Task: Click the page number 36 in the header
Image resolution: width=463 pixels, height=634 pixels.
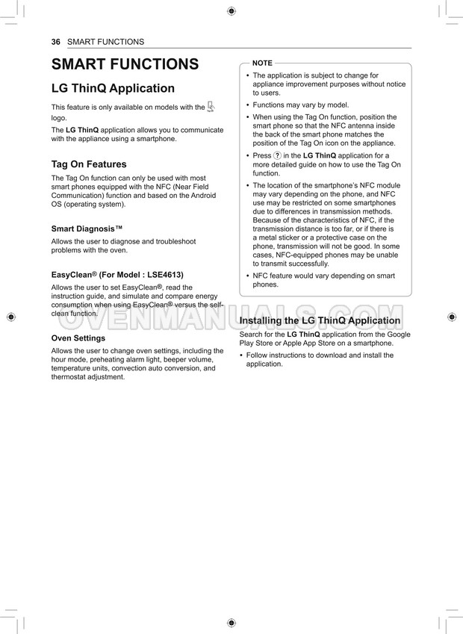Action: (x=55, y=42)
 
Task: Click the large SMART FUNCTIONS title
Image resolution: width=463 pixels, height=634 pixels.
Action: (x=125, y=64)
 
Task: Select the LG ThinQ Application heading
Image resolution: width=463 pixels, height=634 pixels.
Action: (x=113, y=88)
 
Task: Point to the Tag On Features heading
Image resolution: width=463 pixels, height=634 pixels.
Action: (x=89, y=164)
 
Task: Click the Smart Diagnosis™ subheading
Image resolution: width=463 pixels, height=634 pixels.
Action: (x=87, y=229)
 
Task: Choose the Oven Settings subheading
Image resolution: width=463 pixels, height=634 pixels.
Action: (x=78, y=338)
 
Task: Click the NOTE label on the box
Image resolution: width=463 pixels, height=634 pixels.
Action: (x=262, y=63)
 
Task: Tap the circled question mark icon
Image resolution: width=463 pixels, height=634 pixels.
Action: (x=277, y=155)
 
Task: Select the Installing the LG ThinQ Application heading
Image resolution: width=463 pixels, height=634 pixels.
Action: (x=320, y=320)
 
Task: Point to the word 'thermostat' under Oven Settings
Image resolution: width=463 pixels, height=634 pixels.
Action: (x=70, y=377)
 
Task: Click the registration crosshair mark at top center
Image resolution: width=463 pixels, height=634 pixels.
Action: (x=231, y=10)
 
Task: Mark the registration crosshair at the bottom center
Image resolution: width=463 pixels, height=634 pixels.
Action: (x=231, y=622)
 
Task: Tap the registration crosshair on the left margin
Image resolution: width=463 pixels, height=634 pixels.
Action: (x=10, y=317)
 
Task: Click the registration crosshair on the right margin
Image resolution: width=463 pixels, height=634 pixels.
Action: (x=452, y=317)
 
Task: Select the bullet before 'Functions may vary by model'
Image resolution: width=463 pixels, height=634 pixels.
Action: (x=248, y=105)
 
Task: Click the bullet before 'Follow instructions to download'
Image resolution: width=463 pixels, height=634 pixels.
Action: (x=241, y=355)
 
